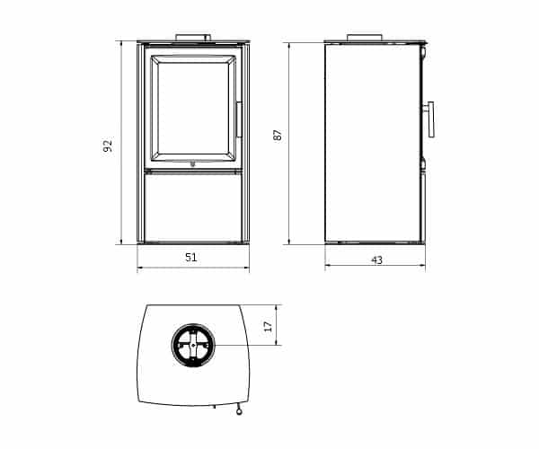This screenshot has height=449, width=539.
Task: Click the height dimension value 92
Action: tap(108, 145)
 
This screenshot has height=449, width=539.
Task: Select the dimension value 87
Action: tap(278, 135)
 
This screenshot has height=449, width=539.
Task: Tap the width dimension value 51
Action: tap(191, 258)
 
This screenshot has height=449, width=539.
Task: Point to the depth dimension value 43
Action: tap(376, 260)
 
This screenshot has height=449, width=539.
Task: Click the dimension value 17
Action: tap(268, 326)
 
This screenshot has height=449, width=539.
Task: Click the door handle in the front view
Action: tap(239, 119)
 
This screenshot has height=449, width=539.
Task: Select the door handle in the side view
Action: tap(430, 119)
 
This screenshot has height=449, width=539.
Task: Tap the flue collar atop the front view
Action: tap(193, 38)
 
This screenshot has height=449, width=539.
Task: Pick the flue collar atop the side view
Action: tap(365, 38)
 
